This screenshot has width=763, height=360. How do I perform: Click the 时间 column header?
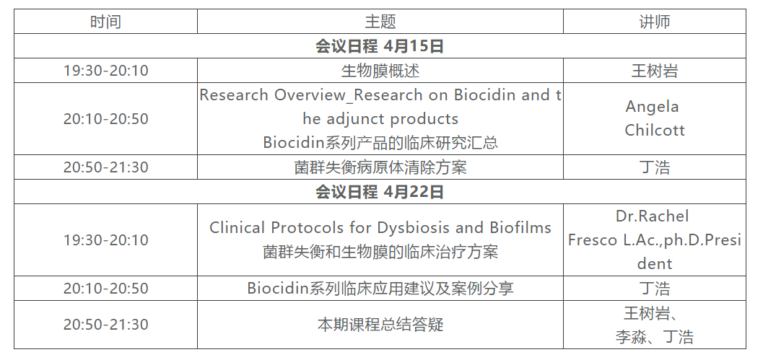coord(105,22)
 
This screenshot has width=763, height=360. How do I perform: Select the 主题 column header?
coord(380,22)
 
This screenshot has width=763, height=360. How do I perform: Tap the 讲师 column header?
coord(655,22)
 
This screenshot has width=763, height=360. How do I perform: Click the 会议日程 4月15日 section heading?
coord(380,46)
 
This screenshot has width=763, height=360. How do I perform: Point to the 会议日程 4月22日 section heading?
coord(380,192)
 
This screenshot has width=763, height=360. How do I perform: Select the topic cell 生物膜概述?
coord(380,71)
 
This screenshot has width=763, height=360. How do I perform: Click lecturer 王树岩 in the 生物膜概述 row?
coord(655,71)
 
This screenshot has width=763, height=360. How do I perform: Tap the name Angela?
coord(652,107)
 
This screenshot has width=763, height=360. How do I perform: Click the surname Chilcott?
coord(655,131)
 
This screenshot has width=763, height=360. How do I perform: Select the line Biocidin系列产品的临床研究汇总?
coord(380,143)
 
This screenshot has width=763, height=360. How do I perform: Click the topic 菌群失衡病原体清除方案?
coord(380,167)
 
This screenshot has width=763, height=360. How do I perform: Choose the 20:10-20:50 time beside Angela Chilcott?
coord(105,119)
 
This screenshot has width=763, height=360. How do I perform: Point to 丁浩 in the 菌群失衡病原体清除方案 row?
coord(655,167)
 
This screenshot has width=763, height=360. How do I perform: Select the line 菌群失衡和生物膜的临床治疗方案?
coord(380,252)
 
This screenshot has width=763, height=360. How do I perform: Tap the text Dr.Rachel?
coord(652,216)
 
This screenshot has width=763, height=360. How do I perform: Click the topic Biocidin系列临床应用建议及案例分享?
coord(380,288)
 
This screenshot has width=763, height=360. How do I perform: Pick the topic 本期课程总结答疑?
coord(380,325)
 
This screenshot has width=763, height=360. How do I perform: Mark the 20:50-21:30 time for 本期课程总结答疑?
coord(105,325)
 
